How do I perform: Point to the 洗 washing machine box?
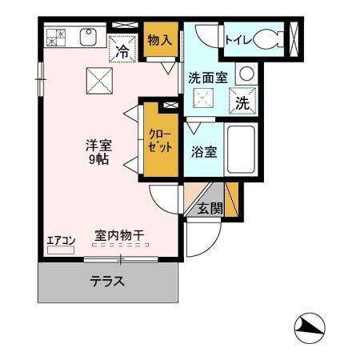pyautogui.click(x=242, y=102)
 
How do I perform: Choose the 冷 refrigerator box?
pyautogui.click(x=123, y=50)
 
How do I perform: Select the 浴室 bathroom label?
pyautogui.click(x=203, y=152)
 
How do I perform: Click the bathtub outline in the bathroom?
pyautogui.click(x=240, y=152)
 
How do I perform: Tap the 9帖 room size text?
pyautogui.click(x=99, y=160)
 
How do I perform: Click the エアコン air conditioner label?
pyautogui.click(x=60, y=240)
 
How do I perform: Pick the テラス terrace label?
pyautogui.click(x=106, y=281)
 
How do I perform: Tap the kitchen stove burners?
pyautogui.click(x=56, y=37)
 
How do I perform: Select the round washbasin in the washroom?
pyautogui.click(x=246, y=73)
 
